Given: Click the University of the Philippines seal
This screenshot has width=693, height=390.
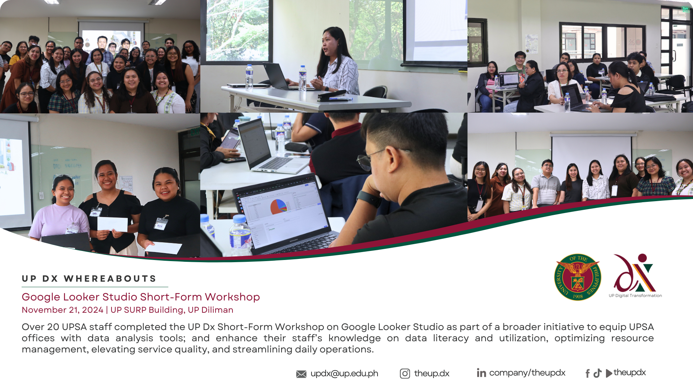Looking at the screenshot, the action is click(577, 277).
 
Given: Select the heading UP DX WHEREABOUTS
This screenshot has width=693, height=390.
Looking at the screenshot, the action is click(89, 278).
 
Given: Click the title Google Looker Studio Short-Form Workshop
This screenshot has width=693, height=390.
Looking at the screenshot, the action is click(141, 297).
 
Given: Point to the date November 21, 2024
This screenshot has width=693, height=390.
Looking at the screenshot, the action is click(62, 310).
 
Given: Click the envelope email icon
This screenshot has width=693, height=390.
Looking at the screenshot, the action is click(301, 374).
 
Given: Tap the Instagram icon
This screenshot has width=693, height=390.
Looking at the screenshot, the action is click(405, 374).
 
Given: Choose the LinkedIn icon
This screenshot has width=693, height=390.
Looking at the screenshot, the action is click(481, 373).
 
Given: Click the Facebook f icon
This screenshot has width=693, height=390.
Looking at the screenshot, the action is click(588, 373).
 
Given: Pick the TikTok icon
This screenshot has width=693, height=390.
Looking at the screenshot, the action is click(597, 373).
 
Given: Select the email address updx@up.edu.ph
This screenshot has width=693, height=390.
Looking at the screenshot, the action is click(344, 374).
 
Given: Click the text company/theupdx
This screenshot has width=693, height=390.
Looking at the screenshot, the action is click(527, 373).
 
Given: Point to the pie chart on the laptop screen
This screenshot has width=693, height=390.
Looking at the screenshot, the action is click(279, 207).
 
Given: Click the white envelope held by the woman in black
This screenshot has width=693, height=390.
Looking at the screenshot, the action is click(112, 224).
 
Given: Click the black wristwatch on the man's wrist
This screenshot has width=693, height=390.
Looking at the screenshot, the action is click(368, 198).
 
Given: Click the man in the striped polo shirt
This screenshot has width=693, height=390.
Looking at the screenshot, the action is click(546, 184).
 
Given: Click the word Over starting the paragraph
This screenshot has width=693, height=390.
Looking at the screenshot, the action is click(33, 327).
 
